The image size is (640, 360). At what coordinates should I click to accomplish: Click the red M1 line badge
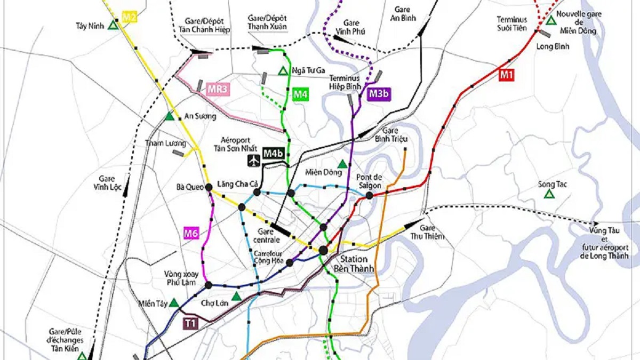pos(506,76)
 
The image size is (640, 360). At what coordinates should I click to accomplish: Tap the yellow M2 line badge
pos(130,17)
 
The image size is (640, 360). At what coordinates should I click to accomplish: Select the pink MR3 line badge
pos(218,89)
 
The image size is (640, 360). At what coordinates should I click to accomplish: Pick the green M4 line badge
pos(301,95)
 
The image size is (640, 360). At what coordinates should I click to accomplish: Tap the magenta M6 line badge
pos(191,233)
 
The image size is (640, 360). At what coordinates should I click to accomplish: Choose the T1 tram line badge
pos(190,322)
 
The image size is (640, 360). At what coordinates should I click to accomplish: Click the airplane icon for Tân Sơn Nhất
pos(253,160)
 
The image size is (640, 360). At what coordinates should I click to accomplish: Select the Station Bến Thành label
pos(355,264)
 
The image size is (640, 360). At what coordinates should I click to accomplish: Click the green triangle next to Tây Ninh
pos(113,25)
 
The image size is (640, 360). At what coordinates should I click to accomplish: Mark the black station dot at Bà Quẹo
pos(209,187)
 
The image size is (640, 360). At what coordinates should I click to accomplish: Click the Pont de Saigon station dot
pos(369,196)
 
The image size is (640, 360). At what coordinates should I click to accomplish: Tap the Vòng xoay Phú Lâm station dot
pos(208,285)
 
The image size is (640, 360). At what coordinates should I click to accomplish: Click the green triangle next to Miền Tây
pos(173,303)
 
